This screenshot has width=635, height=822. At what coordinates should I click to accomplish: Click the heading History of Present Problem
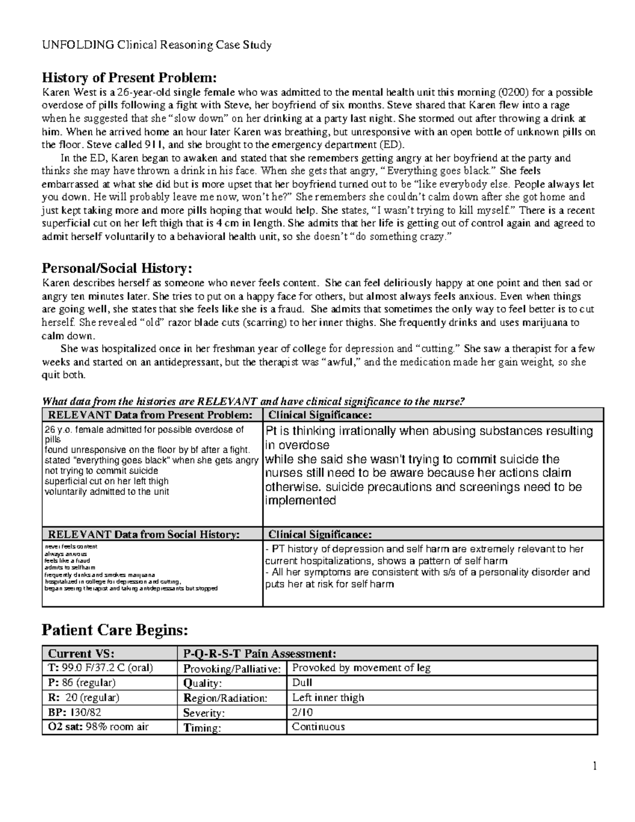click(x=130, y=78)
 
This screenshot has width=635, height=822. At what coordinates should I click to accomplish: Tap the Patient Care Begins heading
click(x=115, y=630)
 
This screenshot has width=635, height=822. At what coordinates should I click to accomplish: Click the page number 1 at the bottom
click(x=595, y=766)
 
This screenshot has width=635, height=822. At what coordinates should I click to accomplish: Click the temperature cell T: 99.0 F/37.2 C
click(x=98, y=668)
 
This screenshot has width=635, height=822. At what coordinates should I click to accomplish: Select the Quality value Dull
click(x=303, y=683)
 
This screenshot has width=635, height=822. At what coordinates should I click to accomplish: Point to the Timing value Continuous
click(x=319, y=727)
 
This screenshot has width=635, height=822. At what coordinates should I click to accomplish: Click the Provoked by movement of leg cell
click(x=361, y=668)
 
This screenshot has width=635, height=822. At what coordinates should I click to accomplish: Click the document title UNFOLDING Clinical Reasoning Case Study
click(x=157, y=45)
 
